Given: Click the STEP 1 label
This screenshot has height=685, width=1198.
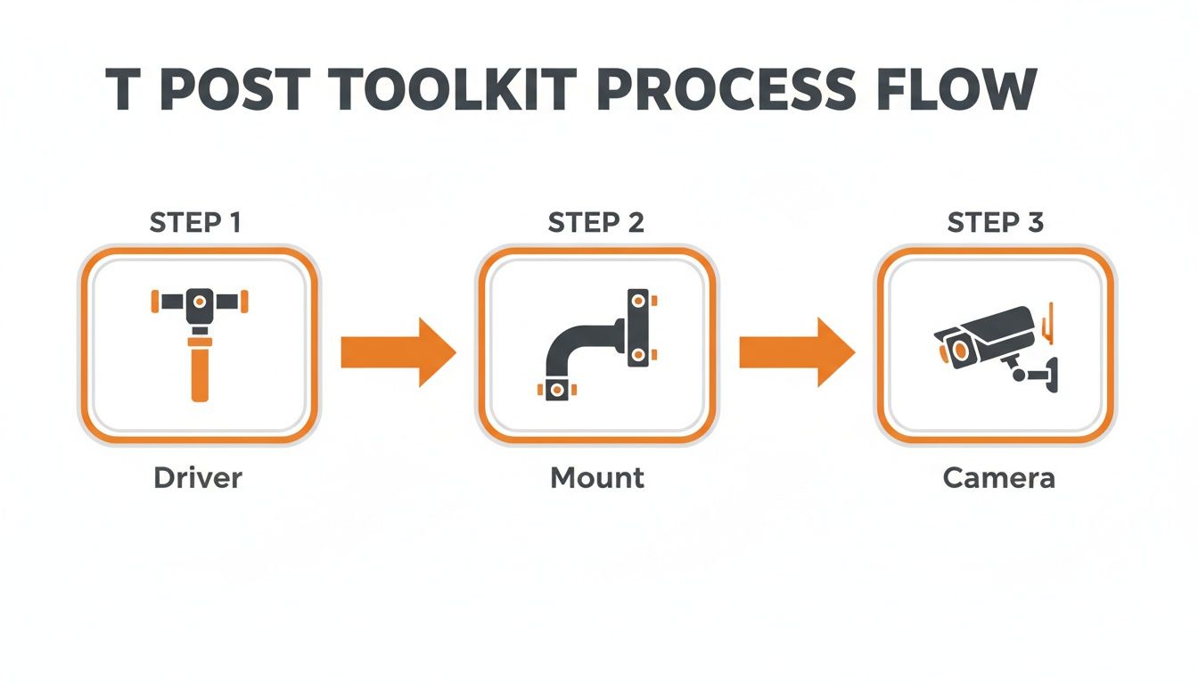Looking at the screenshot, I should click(x=195, y=222).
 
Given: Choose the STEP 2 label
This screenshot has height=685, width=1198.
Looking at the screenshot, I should click(x=596, y=222).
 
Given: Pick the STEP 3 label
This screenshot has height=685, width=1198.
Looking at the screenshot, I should click(x=996, y=222).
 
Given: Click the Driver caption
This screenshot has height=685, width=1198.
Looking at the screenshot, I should click(x=198, y=478).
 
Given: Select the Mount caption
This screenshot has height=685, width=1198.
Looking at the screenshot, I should click(x=597, y=478).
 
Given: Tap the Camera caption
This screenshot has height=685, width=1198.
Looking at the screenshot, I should click(x=998, y=478).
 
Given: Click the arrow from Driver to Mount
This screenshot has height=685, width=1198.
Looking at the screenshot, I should click(x=398, y=352).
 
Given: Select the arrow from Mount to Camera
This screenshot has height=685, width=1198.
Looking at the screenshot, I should click(x=796, y=352).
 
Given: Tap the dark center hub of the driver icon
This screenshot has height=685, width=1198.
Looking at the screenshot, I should click(x=199, y=304).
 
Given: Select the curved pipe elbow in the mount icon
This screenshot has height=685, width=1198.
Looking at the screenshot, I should click(x=570, y=343).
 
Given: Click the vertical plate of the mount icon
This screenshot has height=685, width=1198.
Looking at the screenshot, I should click(x=638, y=327).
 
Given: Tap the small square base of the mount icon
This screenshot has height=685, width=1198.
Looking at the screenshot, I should click(x=556, y=390).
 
